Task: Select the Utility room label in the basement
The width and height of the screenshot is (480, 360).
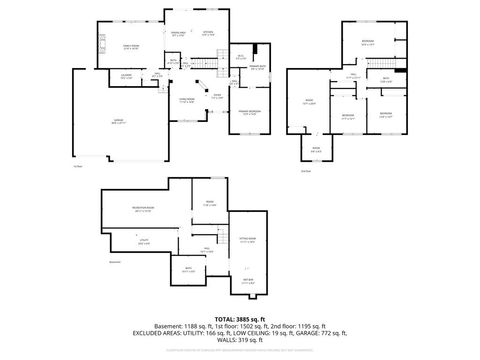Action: coord(144,240)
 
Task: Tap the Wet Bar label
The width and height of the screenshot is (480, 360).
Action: coord(248,282)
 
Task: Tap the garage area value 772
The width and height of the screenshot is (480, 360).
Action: coord(334,335)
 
